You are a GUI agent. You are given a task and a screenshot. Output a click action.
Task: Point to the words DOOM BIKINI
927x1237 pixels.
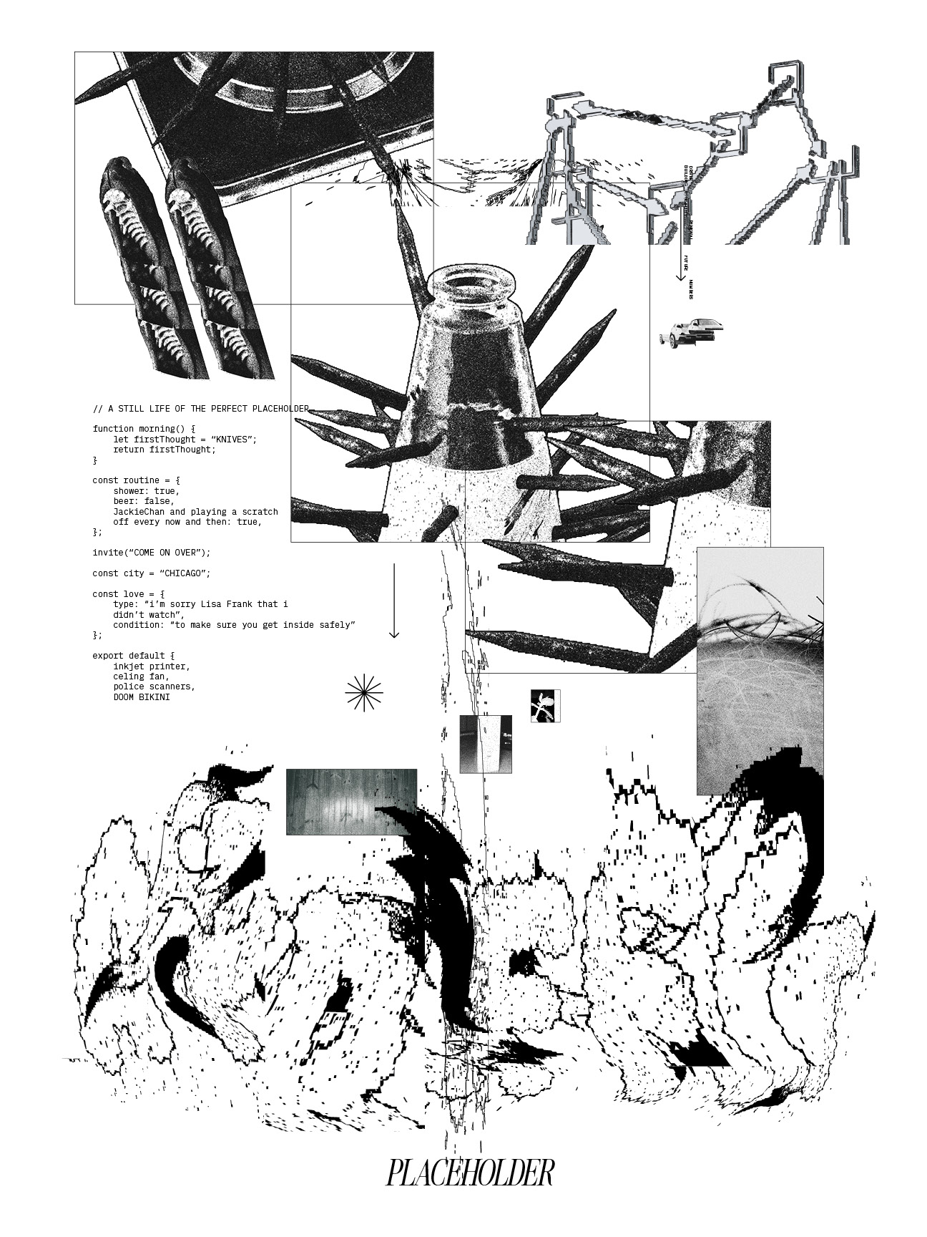point(142,697)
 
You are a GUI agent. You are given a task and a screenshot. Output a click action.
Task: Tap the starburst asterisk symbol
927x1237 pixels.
point(364,693)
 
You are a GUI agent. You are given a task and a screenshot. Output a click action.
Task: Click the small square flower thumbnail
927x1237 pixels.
point(545,706)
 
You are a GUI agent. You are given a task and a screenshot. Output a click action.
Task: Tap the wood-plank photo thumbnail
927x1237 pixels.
point(351,802)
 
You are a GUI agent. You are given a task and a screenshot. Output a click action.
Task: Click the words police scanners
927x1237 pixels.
point(153,687)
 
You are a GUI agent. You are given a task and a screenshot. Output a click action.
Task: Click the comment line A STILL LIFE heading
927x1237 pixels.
point(200,409)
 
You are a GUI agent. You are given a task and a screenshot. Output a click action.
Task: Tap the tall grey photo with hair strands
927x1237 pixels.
point(760,670)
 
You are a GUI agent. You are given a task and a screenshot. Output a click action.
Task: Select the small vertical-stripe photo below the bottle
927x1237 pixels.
point(486,744)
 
